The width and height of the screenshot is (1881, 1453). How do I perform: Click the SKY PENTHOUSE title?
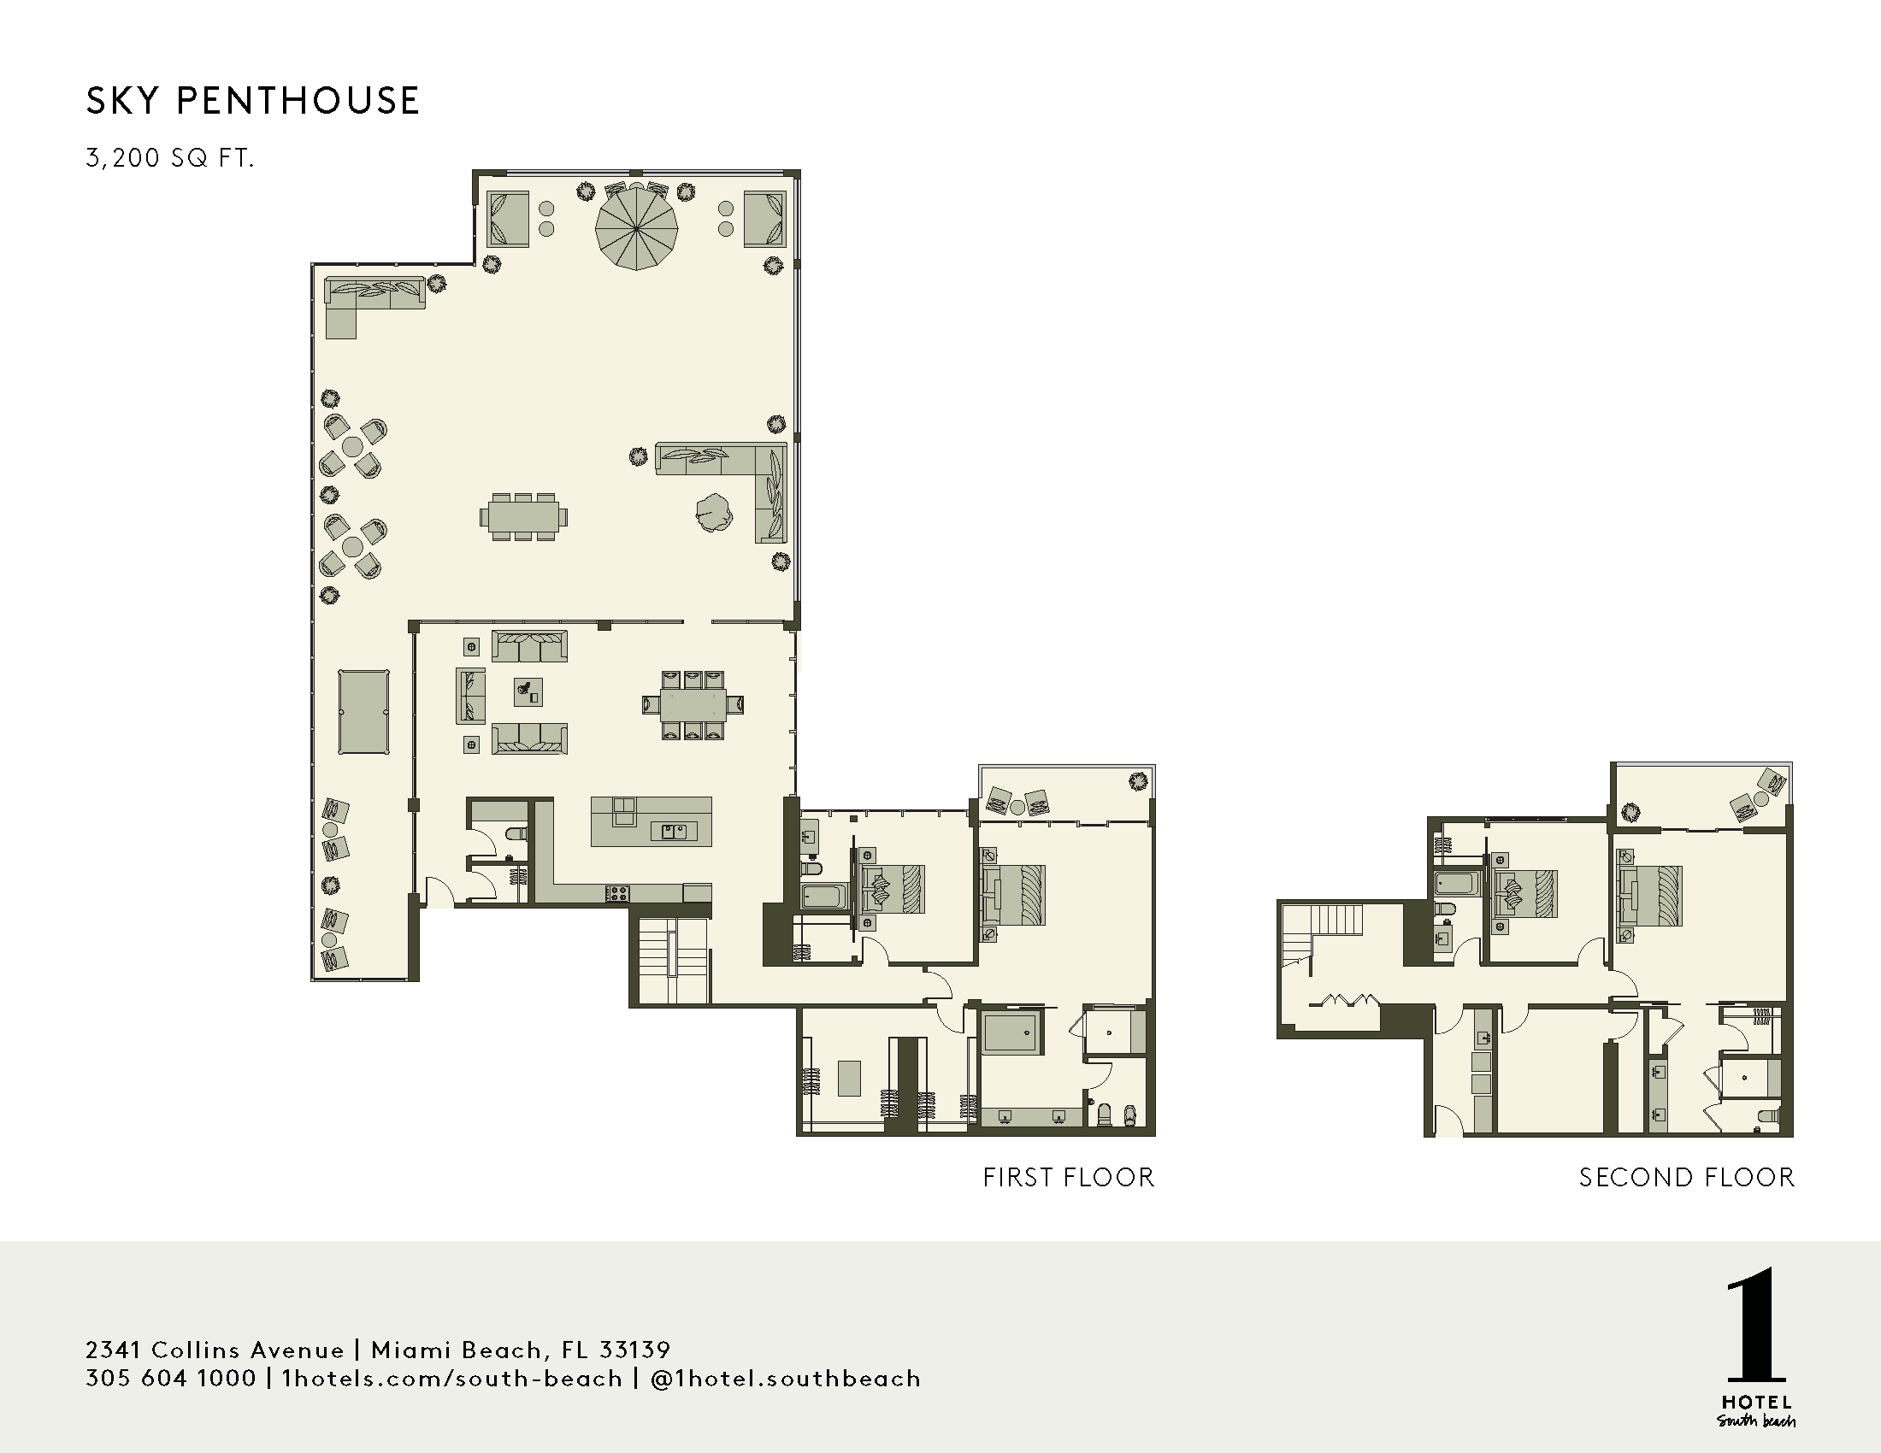click(x=252, y=101)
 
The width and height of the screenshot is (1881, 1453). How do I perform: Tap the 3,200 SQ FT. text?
click(x=169, y=158)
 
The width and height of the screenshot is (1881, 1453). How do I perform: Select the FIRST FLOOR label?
click(x=1068, y=1177)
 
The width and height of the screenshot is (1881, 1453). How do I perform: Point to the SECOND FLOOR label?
click(x=1686, y=1177)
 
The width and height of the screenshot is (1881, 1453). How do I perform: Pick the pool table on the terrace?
click(x=363, y=712)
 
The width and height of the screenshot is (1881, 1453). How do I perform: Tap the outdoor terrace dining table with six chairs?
click(x=522, y=516)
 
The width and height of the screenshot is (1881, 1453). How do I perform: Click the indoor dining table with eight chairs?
click(x=693, y=704)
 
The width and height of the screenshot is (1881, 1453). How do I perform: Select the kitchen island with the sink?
click(x=652, y=821)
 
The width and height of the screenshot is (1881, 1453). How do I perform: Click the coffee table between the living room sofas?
click(x=528, y=691)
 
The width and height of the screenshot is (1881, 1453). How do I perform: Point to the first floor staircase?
click(x=673, y=961)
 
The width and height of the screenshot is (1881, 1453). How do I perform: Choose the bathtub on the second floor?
click(x=1456, y=884)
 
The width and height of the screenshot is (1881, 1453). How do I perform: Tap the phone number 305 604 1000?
click(x=170, y=1378)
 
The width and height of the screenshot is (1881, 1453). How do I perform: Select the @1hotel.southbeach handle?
click(x=787, y=1378)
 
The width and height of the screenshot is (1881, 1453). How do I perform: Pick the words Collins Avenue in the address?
click(x=248, y=1349)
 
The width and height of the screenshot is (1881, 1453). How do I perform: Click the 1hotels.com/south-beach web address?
click(x=452, y=1378)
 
